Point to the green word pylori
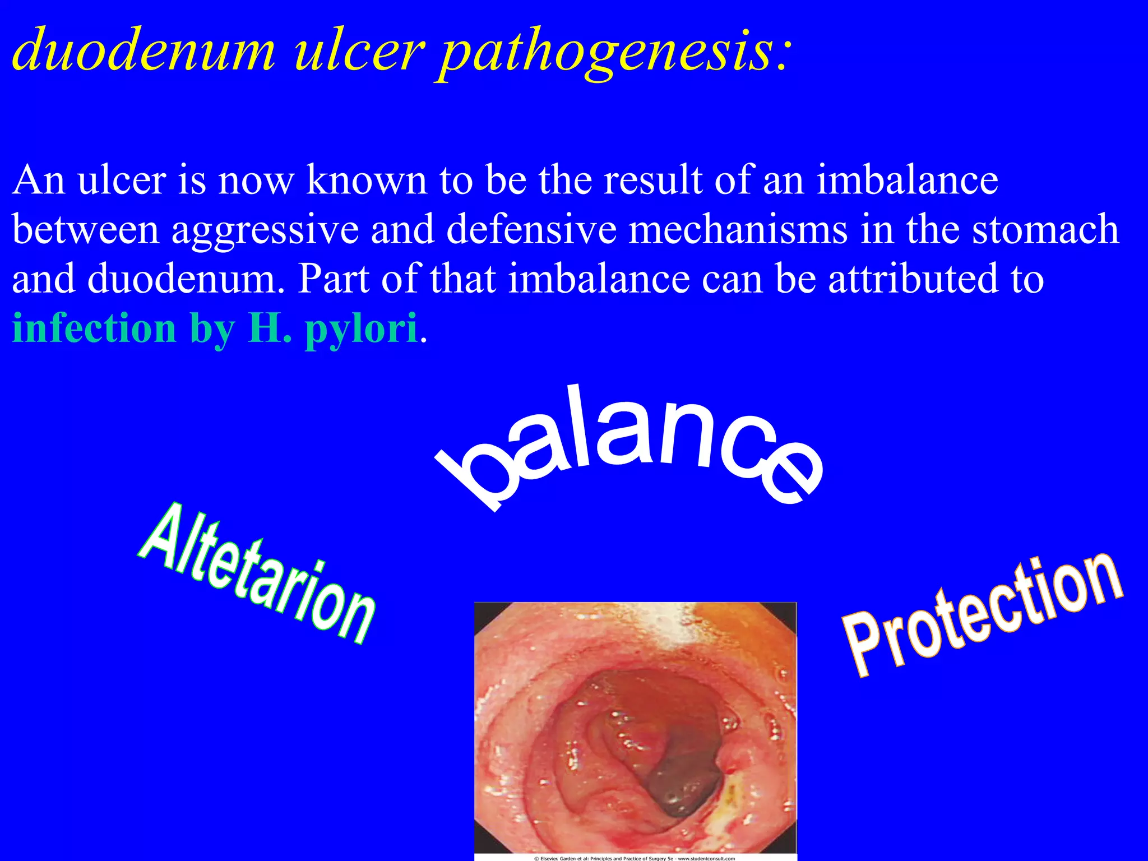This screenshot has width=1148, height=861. coord(361,331)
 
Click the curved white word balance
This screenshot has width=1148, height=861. coord(628,443)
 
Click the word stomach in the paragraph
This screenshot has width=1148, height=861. coord(1045,230)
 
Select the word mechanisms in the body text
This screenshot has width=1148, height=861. coord(738,230)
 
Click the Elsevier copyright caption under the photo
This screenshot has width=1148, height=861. coord(635,858)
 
